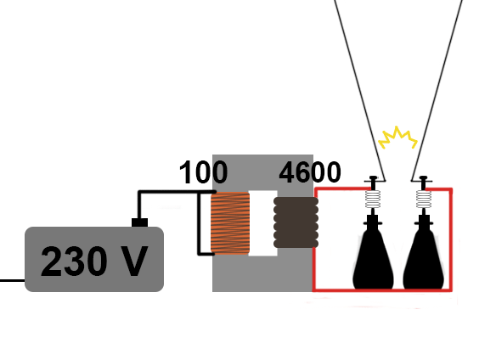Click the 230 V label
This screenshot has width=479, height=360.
(x=94, y=262)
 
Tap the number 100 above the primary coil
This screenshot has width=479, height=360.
(x=203, y=172)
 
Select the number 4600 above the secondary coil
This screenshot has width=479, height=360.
(x=310, y=172)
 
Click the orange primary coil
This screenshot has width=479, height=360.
(x=230, y=223)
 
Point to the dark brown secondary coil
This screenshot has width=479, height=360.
(x=296, y=222)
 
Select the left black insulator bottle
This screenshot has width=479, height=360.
(x=373, y=252)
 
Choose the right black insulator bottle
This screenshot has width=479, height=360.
(x=424, y=252)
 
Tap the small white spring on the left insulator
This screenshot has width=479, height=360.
(x=373, y=199)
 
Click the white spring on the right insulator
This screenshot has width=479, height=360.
(x=424, y=199)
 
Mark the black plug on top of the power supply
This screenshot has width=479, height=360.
(x=139, y=222)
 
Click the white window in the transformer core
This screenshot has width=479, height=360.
(x=262, y=223)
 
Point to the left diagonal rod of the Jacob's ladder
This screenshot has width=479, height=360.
(x=360, y=90)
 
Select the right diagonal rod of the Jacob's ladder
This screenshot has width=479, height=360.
(x=437, y=90)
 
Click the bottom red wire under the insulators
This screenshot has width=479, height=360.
(x=382, y=290)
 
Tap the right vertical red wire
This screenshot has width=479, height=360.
(x=450, y=239)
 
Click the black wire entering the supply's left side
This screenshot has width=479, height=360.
(x=12, y=280)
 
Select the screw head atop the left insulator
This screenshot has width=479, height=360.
(x=373, y=177)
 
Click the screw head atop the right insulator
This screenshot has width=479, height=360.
(x=423, y=177)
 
